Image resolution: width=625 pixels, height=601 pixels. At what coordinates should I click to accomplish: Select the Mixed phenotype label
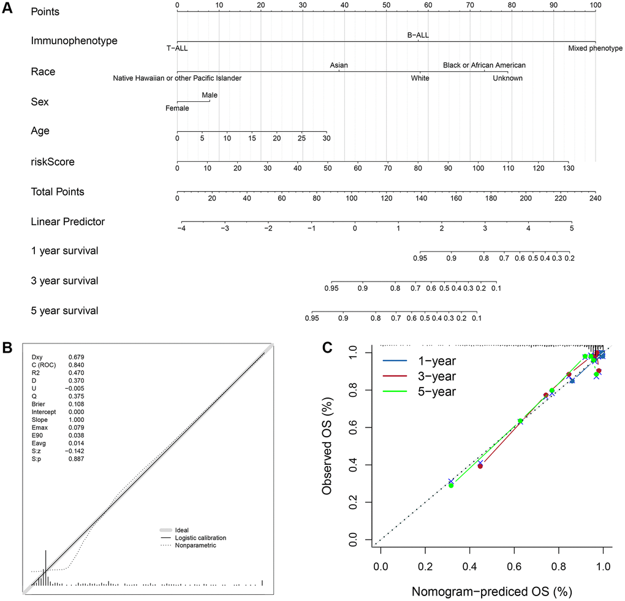pyautogui.click(x=595, y=48)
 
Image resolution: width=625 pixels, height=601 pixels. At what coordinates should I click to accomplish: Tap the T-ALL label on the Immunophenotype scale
pyautogui.click(x=177, y=48)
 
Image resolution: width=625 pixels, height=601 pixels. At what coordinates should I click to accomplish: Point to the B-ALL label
pyautogui.click(x=418, y=35)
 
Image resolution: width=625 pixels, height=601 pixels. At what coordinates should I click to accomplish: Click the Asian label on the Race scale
pyautogui.click(x=339, y=65)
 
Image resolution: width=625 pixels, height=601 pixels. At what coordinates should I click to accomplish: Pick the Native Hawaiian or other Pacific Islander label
pyautogui.click(x=177, y=78)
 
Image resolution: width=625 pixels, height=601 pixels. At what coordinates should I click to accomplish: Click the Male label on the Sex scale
pyautogui.click(x=210, y=95)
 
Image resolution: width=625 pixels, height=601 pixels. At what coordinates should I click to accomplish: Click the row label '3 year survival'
pyautogui.click(x=64, y=281)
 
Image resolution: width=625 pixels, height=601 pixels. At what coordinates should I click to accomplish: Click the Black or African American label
pyautogui.click(x=484, y=65)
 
